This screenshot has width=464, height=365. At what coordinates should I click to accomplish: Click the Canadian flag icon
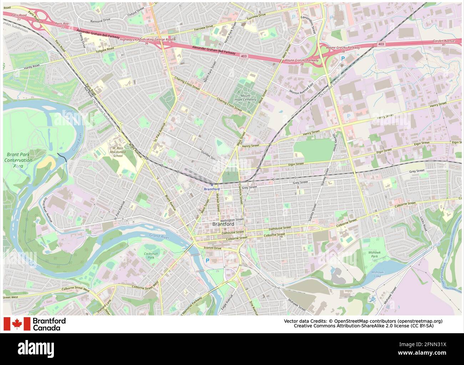pos(17,324)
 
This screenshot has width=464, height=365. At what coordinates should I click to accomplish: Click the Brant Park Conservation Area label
pos(18,160)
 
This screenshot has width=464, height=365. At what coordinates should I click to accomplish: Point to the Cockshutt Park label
pos(151,255)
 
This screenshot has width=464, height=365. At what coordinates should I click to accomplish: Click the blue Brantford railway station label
pos(211,189)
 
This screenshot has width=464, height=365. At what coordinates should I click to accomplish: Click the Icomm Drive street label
pos(212,248)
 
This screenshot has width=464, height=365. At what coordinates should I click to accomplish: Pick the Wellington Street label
pos(232,220)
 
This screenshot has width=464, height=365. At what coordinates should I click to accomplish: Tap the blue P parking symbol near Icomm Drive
pos(207,261)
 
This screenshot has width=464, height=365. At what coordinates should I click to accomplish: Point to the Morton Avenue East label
pos(301,90)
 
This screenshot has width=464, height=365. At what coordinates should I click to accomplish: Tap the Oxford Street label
pos(136,11)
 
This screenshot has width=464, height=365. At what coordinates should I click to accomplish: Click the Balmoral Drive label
pos(100,21)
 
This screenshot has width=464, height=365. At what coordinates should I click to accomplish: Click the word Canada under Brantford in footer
pos(46,328)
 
